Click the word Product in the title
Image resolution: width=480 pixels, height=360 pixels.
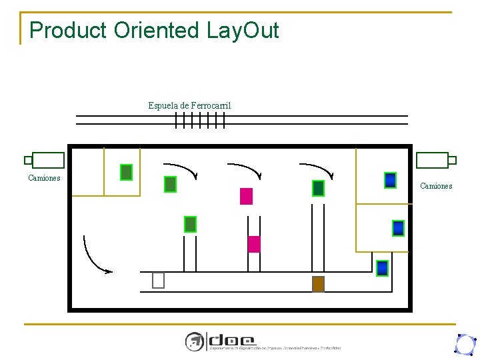click(69, 30)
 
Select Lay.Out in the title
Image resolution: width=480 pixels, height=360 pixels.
click(243, 30)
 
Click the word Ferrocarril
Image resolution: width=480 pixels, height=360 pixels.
click(211, 105)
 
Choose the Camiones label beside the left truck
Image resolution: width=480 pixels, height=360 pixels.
click(44, 178)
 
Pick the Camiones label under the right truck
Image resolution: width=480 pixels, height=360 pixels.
click(436, 186)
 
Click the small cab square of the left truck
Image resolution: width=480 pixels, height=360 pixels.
click(28, 160)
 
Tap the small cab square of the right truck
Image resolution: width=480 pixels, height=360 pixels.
click(452, 160)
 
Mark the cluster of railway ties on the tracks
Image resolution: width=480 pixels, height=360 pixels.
click(200, 120)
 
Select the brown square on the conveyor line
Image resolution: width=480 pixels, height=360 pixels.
click(318, 284)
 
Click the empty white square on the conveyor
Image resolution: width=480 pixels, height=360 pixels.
click(158, 281)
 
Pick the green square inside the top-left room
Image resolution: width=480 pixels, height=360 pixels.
click(126, 172)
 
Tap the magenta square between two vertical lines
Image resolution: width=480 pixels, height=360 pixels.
click(253, 244)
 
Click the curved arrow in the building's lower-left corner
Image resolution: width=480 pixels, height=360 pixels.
click(93, 257)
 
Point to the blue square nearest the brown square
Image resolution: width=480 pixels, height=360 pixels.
click(382, 268)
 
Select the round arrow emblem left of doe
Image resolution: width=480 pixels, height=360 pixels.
click(194, 341)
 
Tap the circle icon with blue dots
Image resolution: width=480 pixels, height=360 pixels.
click(464, 344)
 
